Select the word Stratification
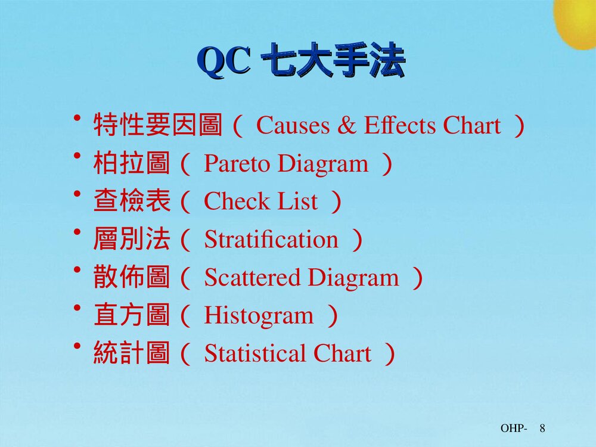271,240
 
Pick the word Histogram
259,316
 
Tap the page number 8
543,429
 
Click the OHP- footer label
513,429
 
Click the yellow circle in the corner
577,21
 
